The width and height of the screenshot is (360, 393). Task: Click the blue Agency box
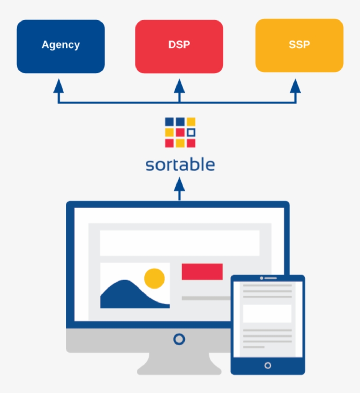[61, 46]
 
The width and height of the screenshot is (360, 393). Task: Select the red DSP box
[179, 46]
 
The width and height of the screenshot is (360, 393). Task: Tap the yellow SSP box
[299, 46]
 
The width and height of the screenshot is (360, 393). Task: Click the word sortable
[180, 165]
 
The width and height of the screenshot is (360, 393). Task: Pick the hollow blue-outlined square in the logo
[191, 132]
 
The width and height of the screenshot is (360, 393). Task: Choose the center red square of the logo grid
[180, 132]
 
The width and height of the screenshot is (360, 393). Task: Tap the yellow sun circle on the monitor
[155, 278]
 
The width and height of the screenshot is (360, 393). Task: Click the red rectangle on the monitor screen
[202, 271]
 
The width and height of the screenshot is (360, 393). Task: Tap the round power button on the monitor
[179, 339]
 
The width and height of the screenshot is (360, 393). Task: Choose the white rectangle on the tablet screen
[267, 314]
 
